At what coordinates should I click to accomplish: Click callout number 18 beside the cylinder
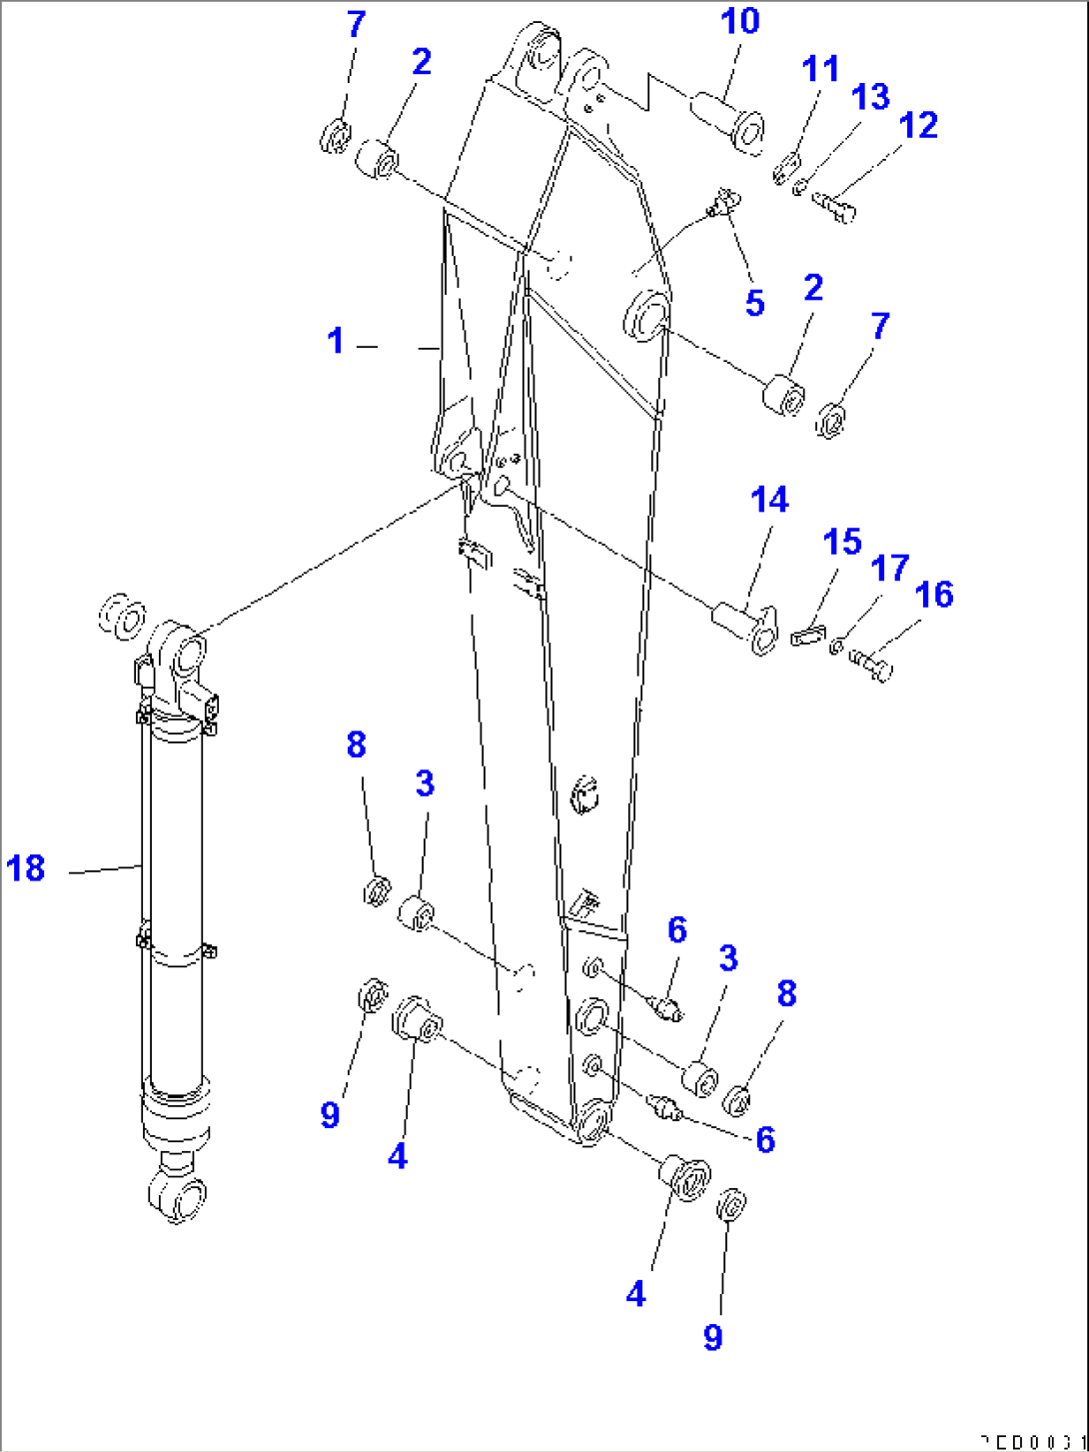click(x=26, y=867)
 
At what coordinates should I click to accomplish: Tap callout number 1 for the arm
click(x=336, y=342)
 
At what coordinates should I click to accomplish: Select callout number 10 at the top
click(x=740, y=22)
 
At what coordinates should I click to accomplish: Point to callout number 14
click(x=769, y=500)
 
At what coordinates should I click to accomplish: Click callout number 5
click(x=755, y=303)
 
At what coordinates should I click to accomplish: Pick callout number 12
click(x=918, y=126)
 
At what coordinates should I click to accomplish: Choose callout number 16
click(x=934, y=596)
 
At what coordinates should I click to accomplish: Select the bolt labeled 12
click(x=835, y=205)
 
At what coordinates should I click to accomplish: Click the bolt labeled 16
click(x=871, y=664)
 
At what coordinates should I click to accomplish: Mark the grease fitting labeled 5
click(x=722, y=204)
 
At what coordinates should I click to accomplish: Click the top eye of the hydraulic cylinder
click(x=180, y=653)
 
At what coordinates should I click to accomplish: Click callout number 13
click(x=870, y=97)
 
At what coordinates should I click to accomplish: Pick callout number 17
click(x=889, y=569)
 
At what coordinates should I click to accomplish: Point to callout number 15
click(x=842, y=543)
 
